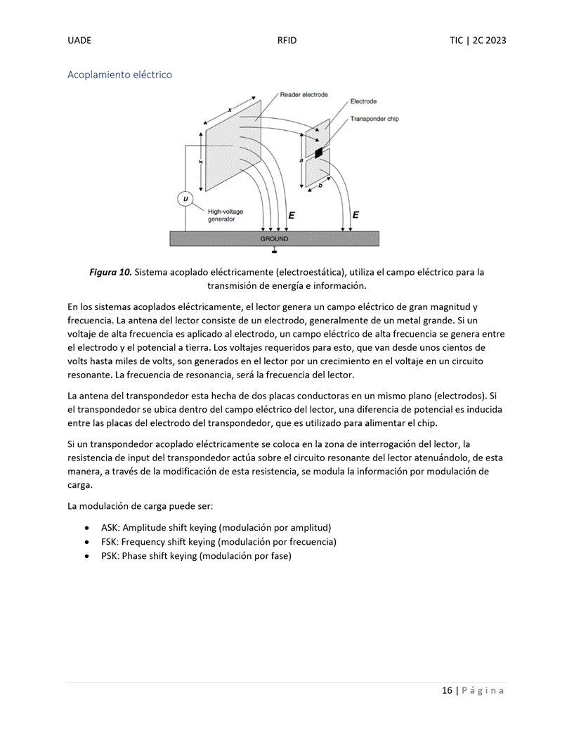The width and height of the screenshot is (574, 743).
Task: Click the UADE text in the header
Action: [x=79, y=41]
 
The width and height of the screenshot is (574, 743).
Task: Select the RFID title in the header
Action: [x=287, y=41]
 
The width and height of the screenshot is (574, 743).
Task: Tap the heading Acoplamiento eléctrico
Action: [x=119, y=74]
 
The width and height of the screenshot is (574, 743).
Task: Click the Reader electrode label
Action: [x=304, y=95]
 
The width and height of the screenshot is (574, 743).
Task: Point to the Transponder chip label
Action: [x=374, y=119]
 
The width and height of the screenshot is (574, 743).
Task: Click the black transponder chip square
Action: [x=319, y=153]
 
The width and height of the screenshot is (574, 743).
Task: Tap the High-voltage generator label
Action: [x=226, y=215]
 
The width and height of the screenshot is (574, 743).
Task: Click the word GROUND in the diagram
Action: [x=274, y=239]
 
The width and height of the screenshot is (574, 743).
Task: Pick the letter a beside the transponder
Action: [x=301, y=161]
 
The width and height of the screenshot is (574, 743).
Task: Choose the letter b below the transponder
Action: [x=320, y=185]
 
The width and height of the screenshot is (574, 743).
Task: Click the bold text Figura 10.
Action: [x=110, y=272]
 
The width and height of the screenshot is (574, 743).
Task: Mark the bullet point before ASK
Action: [x=86, y=527]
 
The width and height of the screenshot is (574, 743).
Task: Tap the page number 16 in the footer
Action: [x=447, y=690]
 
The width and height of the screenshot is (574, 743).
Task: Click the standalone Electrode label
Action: [x=363, y=102]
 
